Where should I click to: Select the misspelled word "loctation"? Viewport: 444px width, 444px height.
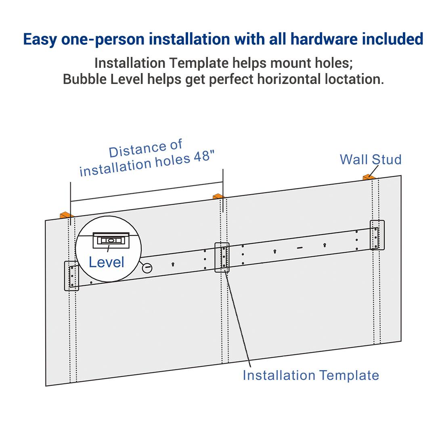354,79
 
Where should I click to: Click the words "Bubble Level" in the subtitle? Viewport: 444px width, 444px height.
103,79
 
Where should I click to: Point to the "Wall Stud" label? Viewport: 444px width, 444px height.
371,159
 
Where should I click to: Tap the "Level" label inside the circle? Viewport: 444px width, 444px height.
107,262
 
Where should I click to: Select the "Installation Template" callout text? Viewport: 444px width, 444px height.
311,375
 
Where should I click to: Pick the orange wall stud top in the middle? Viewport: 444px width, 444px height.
218,197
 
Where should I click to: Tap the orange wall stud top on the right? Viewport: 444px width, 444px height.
369,177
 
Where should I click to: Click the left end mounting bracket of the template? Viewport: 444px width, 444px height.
72,276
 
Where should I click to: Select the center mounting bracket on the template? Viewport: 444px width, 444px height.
222,257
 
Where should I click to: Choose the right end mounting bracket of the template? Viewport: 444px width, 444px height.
377,235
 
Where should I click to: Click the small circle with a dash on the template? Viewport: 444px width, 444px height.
147,268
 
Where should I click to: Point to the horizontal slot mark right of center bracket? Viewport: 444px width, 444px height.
299,247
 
